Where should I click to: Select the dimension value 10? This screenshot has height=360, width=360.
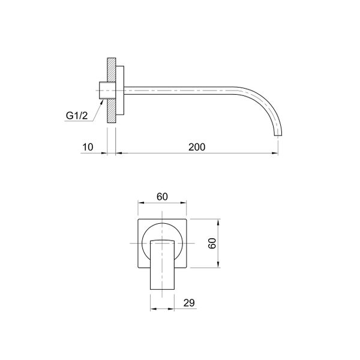[88, 146]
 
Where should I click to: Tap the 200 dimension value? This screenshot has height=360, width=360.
[196, 146]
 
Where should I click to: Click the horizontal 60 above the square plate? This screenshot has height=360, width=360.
[163, 196]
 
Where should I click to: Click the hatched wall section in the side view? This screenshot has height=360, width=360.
[110, 90]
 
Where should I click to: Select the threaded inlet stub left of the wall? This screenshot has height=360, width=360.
[103, 91]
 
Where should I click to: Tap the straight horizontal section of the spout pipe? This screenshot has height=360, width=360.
[186, 91]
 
